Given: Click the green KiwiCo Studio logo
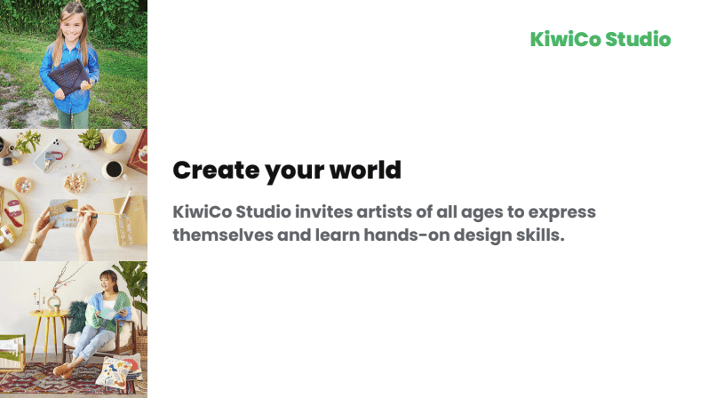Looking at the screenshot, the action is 601,39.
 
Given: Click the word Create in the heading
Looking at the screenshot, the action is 216,171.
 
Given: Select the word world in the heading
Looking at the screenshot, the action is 365,171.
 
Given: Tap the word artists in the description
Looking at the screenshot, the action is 385,211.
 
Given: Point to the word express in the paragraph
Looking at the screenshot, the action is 561,212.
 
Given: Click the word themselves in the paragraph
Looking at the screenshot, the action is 223,235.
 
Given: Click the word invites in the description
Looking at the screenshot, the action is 323,211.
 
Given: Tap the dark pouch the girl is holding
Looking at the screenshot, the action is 68,76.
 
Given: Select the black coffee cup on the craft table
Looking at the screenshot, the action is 114,170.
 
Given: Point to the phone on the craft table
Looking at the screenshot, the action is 51,155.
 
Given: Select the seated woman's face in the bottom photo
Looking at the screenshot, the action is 107,283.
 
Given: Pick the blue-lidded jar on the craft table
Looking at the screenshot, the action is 115,141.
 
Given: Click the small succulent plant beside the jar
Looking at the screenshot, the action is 91,139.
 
